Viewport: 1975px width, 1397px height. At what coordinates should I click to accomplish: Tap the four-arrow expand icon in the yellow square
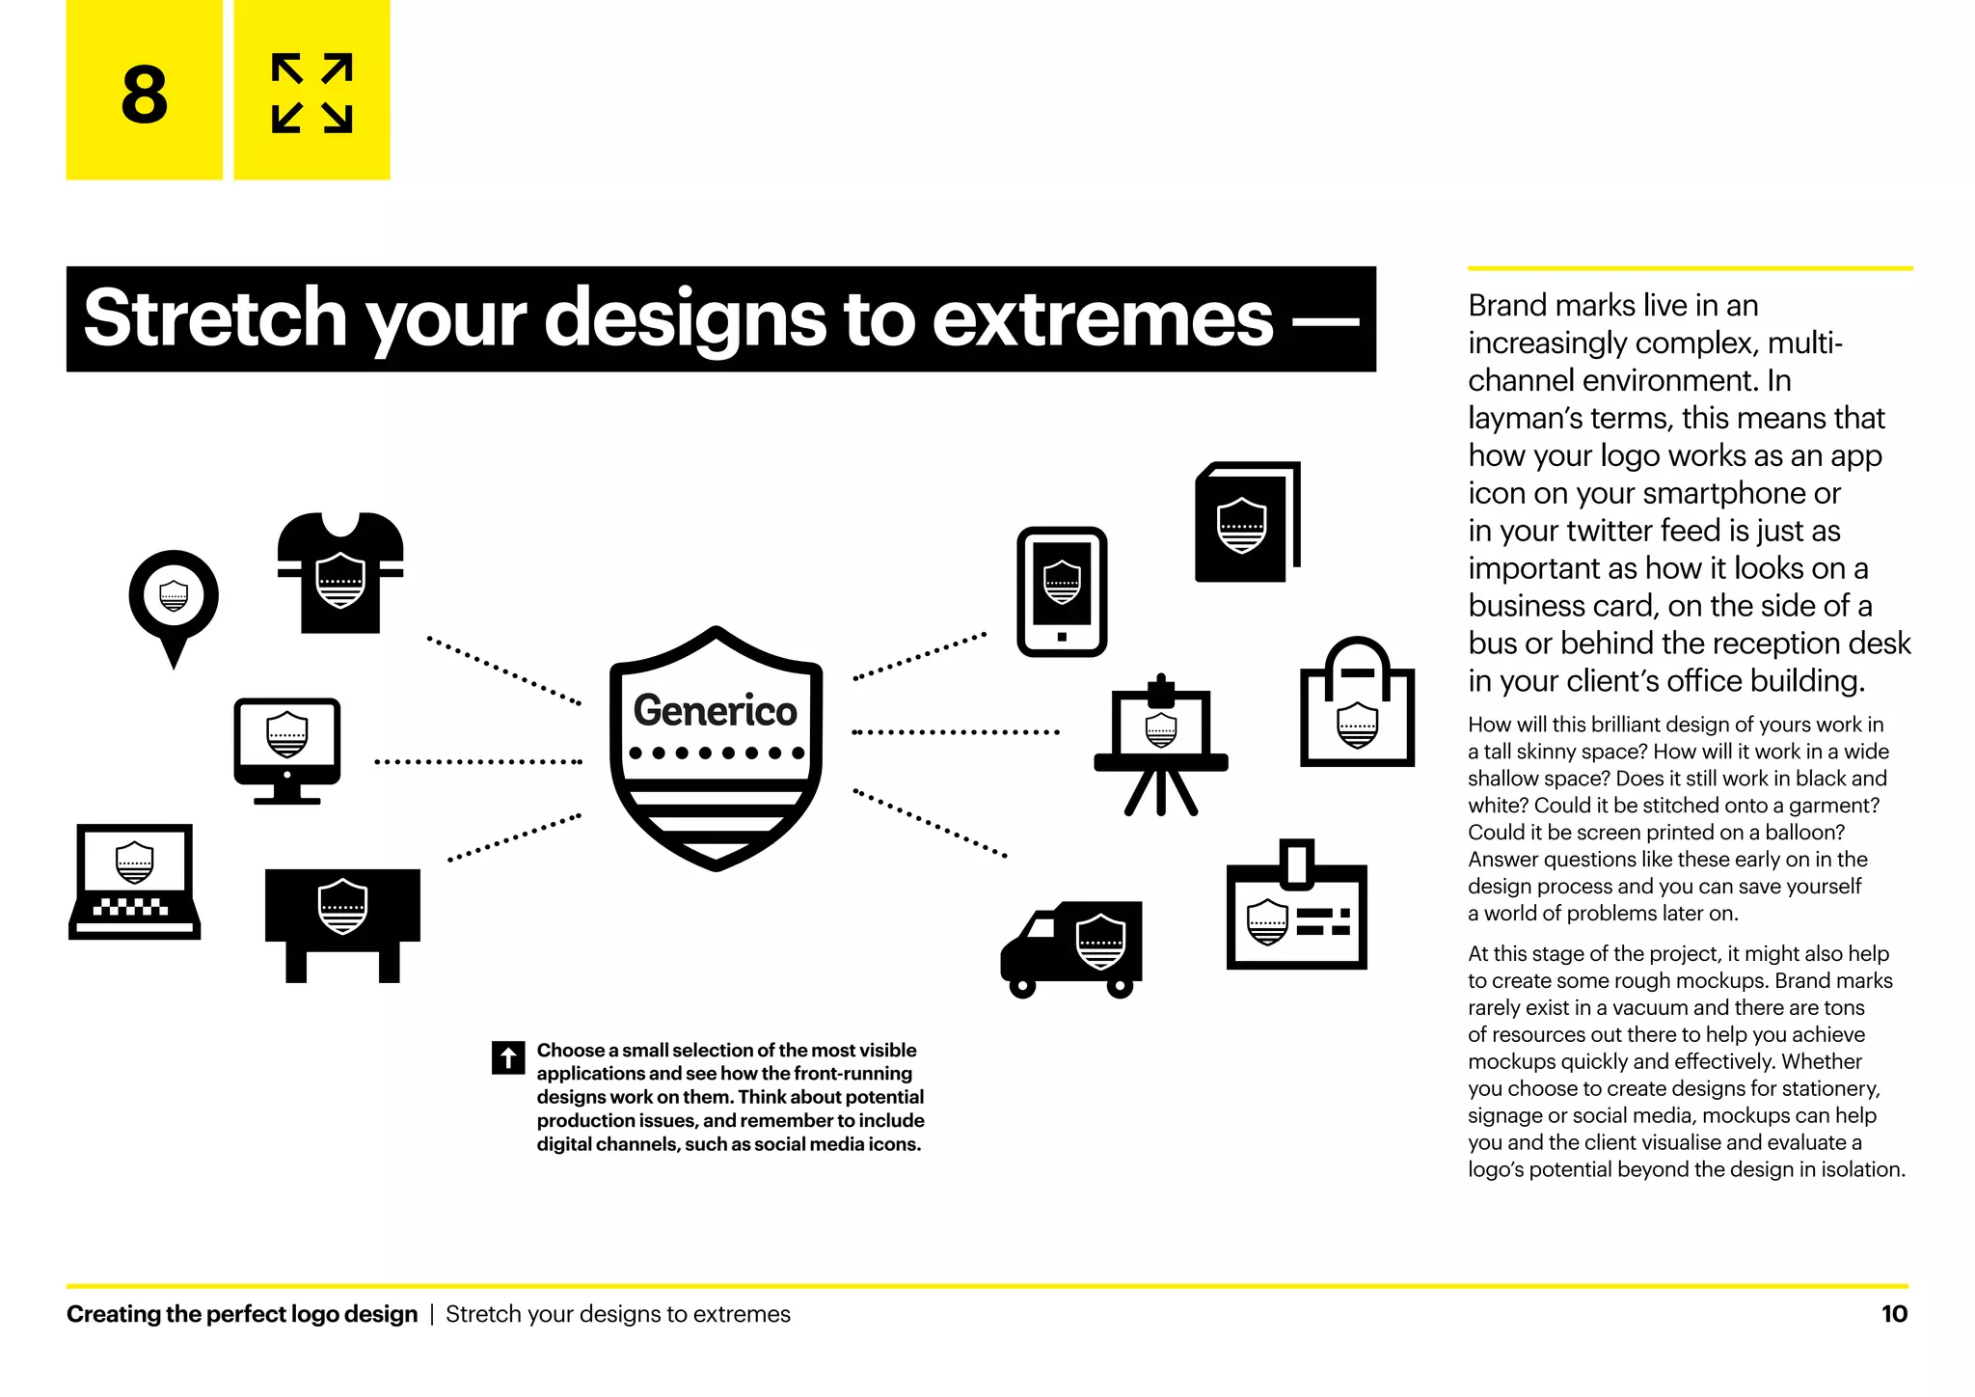[311, 93]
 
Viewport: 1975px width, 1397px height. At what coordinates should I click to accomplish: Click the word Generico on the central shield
[715, 711]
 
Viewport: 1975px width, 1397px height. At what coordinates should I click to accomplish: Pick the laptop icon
[135, 881]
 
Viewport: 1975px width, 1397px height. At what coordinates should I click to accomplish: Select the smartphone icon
[1062, 591]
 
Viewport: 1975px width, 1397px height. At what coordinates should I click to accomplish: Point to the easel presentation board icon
[1161, 745]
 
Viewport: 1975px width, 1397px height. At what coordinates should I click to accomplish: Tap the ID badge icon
[1296, 910]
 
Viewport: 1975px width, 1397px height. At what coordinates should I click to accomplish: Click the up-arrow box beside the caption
[508, 1057]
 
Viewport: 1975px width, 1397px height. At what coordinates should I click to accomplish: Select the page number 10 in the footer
[1894, 1314]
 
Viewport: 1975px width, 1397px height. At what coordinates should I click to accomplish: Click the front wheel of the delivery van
[1022, 987]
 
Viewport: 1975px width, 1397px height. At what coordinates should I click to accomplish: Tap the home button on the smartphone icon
[1062, 637]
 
